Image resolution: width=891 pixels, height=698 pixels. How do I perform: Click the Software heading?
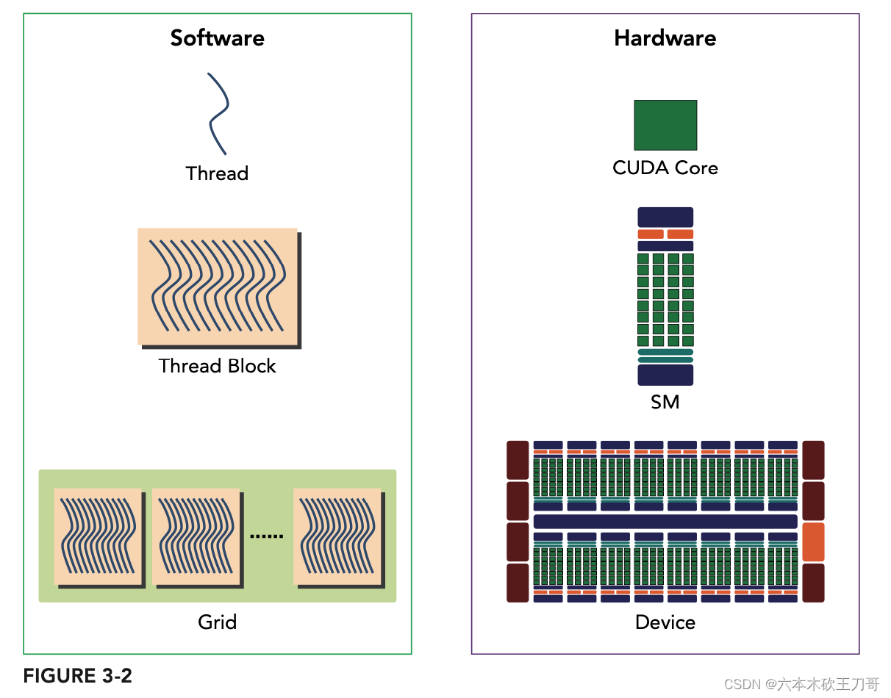click(x=217, y=38)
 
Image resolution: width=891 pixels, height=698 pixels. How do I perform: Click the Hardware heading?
click(x=665, y=38)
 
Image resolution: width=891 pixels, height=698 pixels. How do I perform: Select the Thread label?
click(x=217, y=173)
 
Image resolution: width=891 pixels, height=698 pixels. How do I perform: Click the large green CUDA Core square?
click(x=665, y=125)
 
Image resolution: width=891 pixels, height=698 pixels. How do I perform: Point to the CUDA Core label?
click(x=665, y=168)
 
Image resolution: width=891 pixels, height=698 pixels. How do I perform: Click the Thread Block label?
click(x=217, y=366)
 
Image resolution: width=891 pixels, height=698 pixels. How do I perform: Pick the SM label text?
click(x=665, y=402)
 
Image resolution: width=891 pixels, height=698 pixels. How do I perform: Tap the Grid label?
click(x=217, y=622)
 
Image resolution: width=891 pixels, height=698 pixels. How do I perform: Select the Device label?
click(x=665, y=622)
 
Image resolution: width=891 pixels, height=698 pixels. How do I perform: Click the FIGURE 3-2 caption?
click(x=77, y=676)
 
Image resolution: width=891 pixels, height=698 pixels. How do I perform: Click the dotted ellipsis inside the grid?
click(x=266, y=536)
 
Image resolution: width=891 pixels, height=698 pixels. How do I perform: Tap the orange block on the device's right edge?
click(x=813, y=542)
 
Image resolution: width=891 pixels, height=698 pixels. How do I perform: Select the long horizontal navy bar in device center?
click(x=665, y=521)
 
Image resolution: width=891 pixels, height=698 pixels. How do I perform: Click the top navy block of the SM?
click(x=665, y=217)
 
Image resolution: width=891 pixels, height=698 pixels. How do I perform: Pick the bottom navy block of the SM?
click(x=665, y=375)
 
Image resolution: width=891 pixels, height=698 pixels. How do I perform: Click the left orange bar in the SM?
click(x=651, y=234)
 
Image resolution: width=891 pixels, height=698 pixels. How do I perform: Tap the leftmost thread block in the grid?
click(x=97, y=536)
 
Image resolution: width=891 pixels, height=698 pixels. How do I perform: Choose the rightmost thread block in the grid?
click(x=337, y=536)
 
